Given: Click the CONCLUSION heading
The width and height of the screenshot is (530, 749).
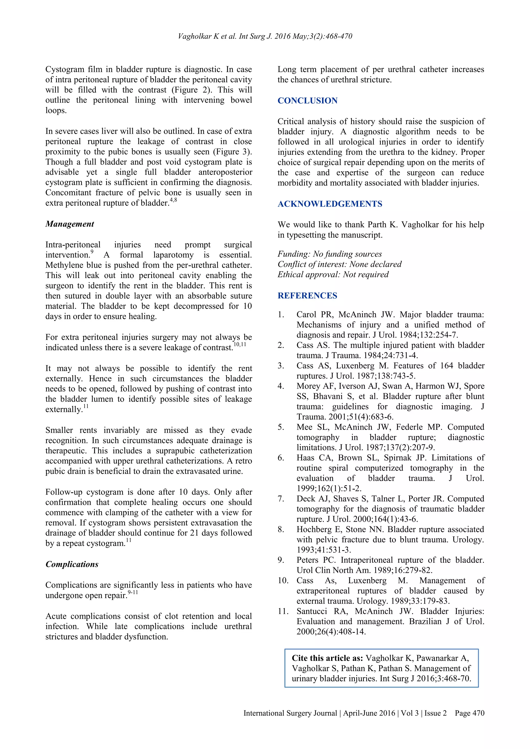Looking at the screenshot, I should click(x=307, y=100).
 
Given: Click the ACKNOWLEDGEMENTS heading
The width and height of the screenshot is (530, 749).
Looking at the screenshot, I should click(x=330, y=204).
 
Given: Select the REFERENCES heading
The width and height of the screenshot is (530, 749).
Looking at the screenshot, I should click(x=307, y=296).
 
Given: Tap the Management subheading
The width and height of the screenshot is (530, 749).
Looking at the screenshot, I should click(x=70, y=224).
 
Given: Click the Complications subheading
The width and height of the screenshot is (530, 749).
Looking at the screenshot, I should click(x=72, y=564).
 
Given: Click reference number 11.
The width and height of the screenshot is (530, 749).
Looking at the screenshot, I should click(x=283, y=611).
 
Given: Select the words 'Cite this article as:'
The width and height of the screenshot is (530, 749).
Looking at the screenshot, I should click(x=327, y=658).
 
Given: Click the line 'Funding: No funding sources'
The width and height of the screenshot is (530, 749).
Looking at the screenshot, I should click(x=330, y=254).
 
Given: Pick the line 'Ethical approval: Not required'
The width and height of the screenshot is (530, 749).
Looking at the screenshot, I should click(x=333, y=274).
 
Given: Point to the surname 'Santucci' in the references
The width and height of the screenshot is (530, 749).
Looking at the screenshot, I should click(x=312, y=611).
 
